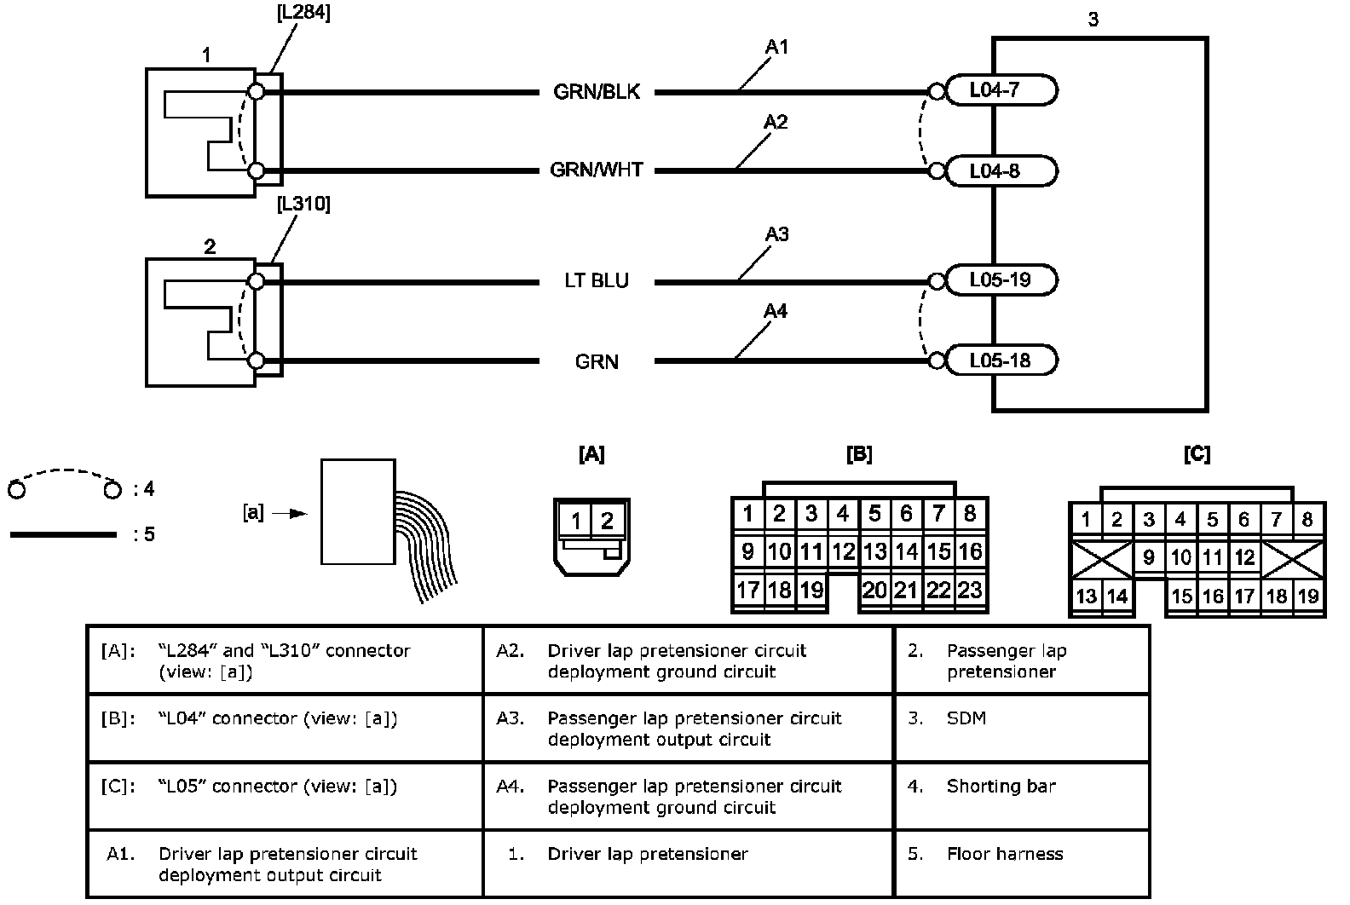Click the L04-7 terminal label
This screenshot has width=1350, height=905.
pyautogui.click(x=995, y=90)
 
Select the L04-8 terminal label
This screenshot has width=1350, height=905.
pyautogui.click(x=995, y=171)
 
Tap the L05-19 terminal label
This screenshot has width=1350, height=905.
pyautogui.click(x=1000, y=280)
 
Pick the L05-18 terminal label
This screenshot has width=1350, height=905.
pyautogui.click(x=1000, y=360)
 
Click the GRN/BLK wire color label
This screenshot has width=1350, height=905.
pyautogui.click(x=597, y=92)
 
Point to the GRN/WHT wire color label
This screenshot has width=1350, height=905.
pyautogui.click(x=597, y=170)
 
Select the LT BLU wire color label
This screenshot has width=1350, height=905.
pyautogui.click(x=597, y=280)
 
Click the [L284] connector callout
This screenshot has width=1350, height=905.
pyautogui.click(x=304, y=14)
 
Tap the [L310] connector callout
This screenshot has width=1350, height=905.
pyautogui.click(x=304, y=205)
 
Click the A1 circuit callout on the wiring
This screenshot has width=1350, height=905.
pyautogui.click(x=776, y=47)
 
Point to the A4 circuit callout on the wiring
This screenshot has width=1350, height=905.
pyautogui.click(x=776, y=312)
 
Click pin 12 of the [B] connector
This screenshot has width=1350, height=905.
pyautogui.click(x=843, y=552)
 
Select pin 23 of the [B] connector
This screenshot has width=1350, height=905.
pyautogui.click(x=970, y=590)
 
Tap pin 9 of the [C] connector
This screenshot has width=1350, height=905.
pyautogui.click(x=1149, y=558)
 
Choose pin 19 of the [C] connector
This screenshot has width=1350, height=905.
pyautogui.click(x=1308, y=597)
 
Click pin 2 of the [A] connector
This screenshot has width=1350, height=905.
pyautogui.click(x=608, y=520)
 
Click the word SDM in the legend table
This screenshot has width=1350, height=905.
pyautogui.click(x=966, y=718)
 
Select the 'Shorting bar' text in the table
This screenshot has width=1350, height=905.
pyautogui.click(x=1001, y=786)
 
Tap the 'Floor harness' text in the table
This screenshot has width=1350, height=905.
pyautogui.click(x=1004, y=854)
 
